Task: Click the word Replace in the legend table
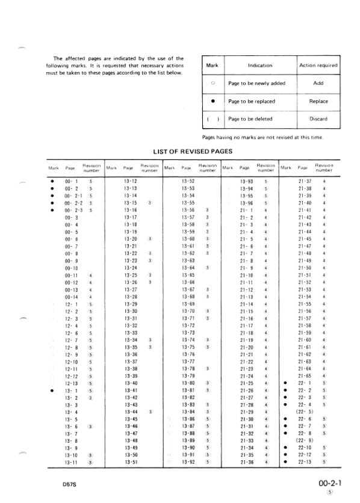(318, 102)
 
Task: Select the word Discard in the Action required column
(318, 119)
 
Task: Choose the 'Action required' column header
(318, 65)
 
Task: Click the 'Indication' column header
(260, 65)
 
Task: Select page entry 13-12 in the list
(130, 180)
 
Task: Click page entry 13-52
(188, 180)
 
